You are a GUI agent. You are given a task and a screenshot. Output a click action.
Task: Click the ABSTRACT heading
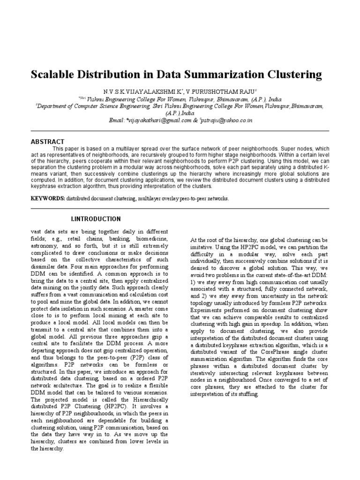[x=47, y=142]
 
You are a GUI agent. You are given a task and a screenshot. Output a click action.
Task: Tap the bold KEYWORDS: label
[x=48, y=198]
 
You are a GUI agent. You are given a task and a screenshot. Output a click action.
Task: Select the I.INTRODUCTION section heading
[x=96, y=219]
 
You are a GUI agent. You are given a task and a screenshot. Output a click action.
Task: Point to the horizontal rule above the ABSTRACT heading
[x=180, y=131]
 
